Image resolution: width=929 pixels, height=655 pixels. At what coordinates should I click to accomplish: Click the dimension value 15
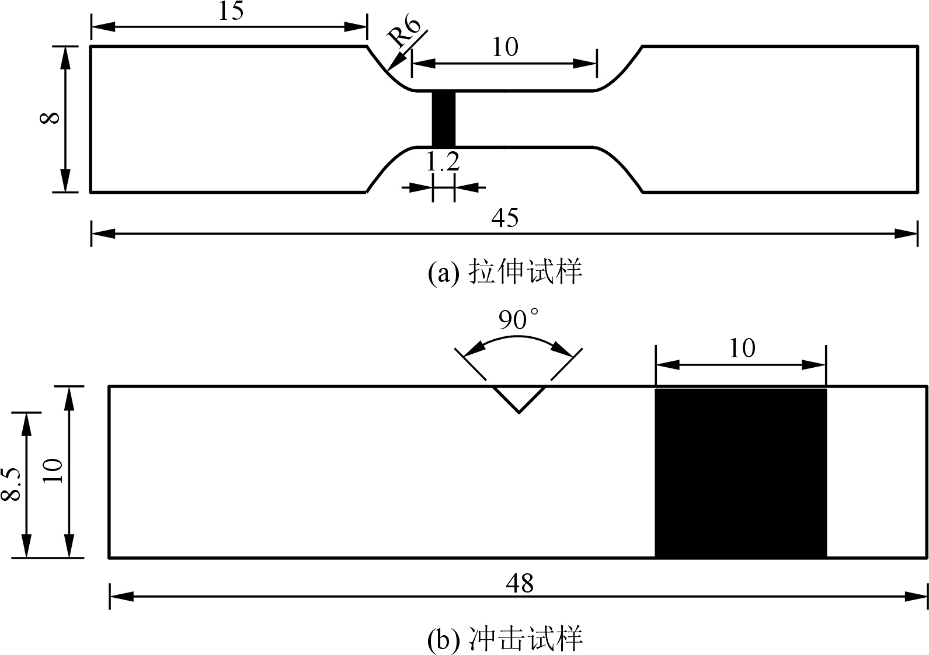point(231,11)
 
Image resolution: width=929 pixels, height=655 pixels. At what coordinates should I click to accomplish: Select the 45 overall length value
point(505,218)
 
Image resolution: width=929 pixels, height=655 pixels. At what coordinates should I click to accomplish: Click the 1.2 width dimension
point(443,162)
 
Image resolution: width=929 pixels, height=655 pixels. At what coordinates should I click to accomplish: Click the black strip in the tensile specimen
point(443,119)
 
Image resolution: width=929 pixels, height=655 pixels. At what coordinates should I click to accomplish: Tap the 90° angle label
point(519,319)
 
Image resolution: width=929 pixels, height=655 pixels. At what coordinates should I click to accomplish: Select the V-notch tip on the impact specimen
point(519,412)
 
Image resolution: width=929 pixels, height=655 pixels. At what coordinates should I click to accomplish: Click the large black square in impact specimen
point(741,472)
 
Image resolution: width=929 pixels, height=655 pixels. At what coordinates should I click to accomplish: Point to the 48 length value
point(520,583)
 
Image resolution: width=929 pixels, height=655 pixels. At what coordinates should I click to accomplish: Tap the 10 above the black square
point(742,349)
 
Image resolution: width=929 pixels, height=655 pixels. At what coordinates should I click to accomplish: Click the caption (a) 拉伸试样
point(505,273)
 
